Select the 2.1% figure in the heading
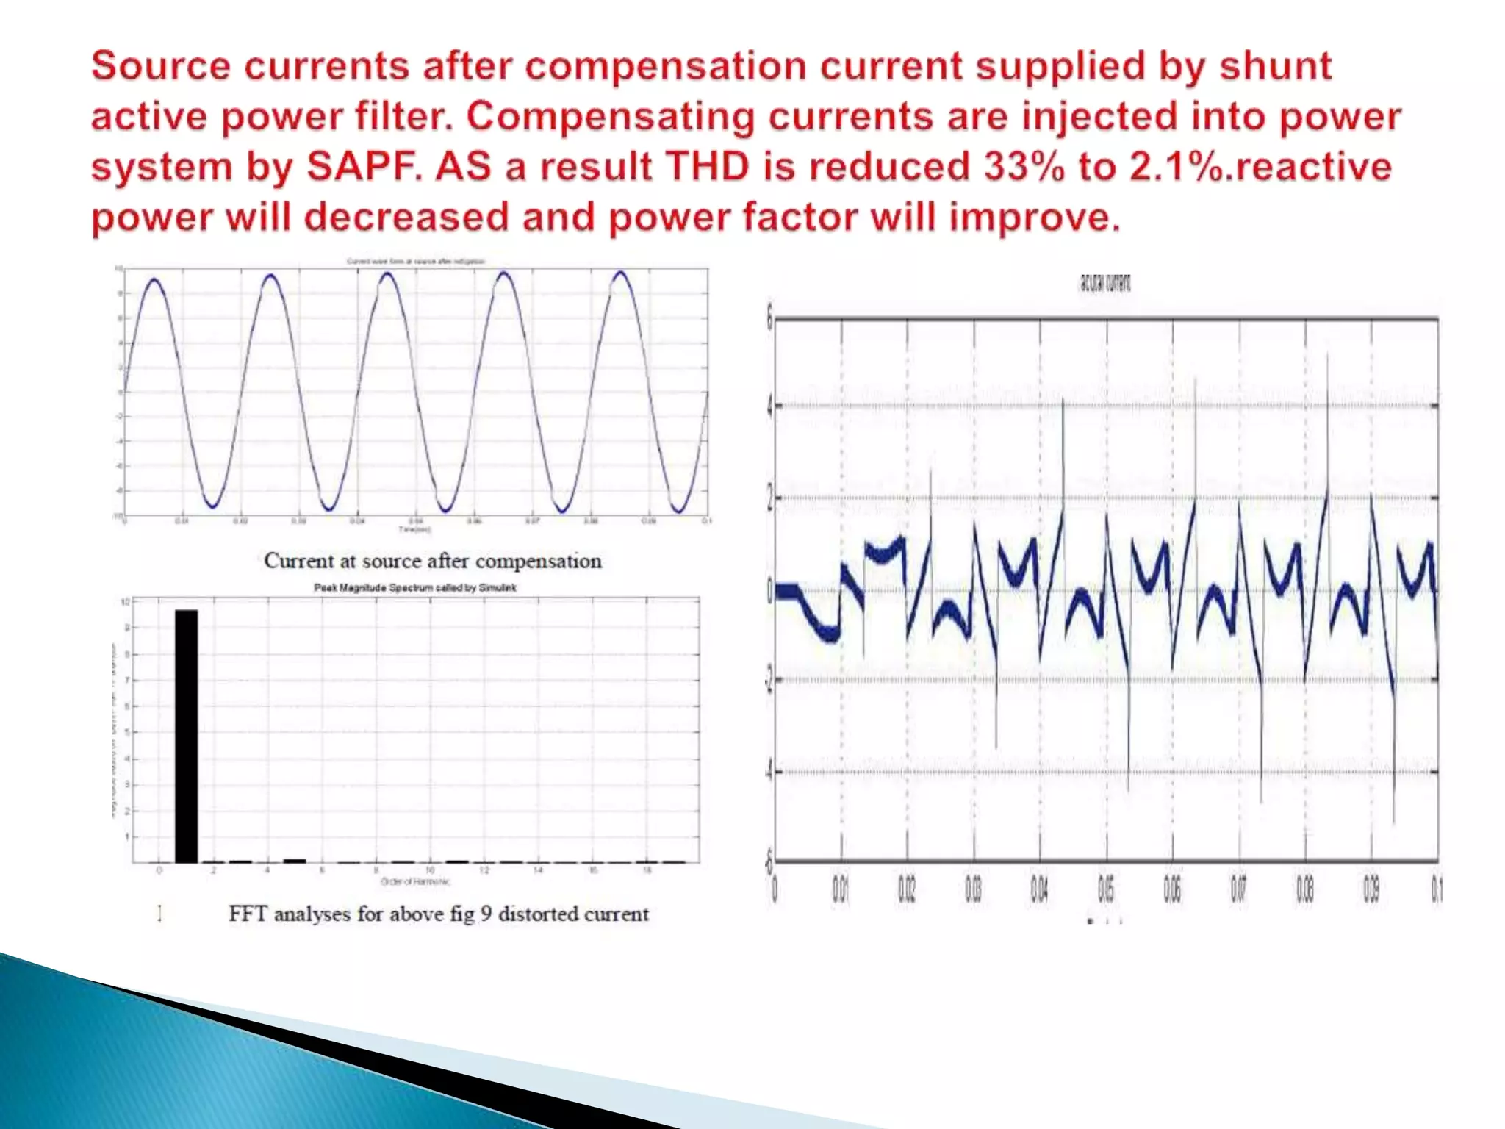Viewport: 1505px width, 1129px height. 1179,167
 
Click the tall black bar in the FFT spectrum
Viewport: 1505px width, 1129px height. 186,735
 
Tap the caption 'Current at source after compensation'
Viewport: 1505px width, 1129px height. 432,562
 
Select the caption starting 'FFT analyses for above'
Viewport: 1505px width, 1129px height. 438,914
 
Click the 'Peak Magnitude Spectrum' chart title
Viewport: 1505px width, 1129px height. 415,588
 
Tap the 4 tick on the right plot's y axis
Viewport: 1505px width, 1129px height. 769,406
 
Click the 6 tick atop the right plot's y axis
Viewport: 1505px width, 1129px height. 769,319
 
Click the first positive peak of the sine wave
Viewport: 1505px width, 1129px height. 154,279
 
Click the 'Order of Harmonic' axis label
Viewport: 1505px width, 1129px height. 415,881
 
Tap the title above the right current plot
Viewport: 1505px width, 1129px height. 1104,283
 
